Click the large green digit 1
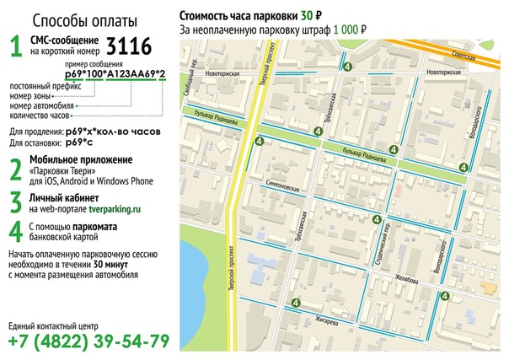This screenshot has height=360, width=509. tap(15, 46)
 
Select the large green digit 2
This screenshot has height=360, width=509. tap(15, 169)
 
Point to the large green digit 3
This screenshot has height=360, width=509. tap(15, 201)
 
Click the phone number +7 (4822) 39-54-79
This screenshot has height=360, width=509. tap(88, 341)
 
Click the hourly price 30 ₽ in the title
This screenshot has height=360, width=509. tap(309, 15)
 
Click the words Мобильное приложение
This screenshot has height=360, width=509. tap(81, 159)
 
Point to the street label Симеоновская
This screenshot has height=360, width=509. tap(286, 188)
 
